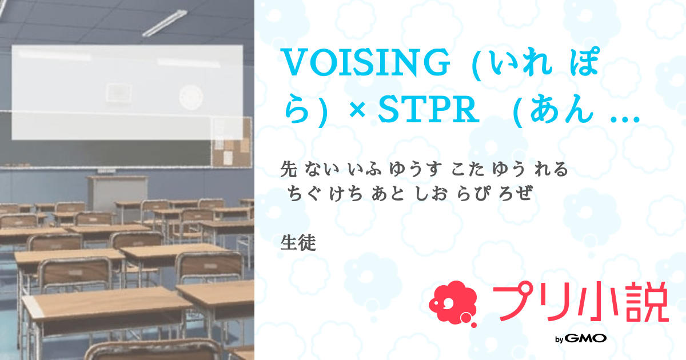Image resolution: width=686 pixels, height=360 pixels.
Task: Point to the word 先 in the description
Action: (290, 169)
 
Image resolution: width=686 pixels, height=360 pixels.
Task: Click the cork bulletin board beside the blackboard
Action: (232, 143)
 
